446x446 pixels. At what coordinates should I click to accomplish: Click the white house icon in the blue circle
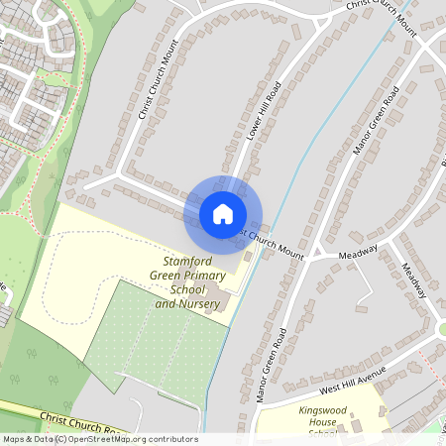coord(223,213)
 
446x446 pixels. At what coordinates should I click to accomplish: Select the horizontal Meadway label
coord(359,253)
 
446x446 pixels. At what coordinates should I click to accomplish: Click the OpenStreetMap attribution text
coord(99,439)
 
